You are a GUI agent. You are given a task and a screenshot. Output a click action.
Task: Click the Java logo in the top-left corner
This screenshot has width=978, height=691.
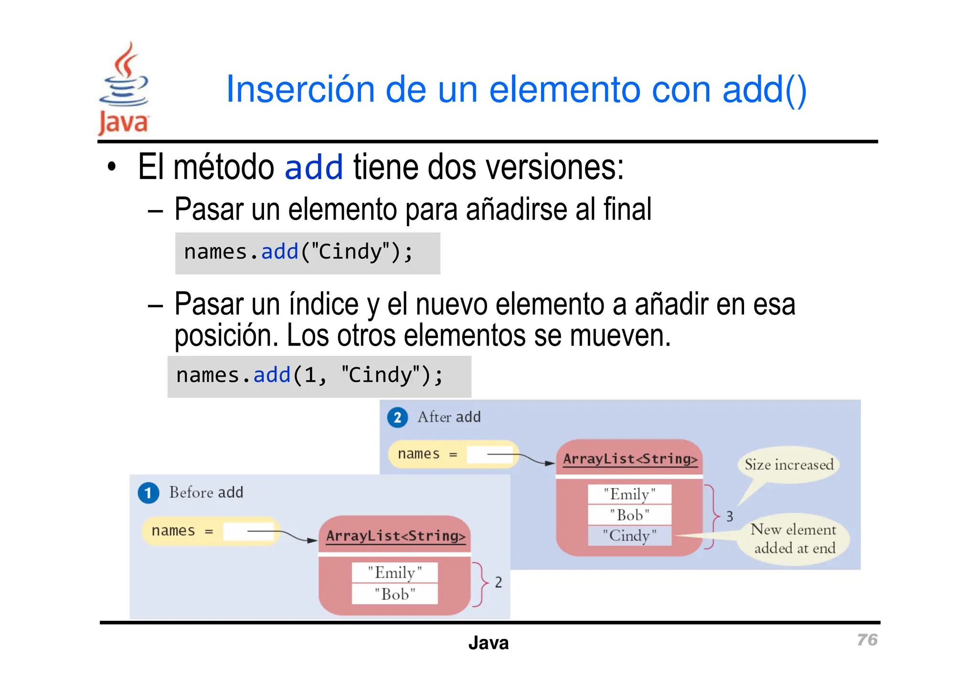click(124, 88)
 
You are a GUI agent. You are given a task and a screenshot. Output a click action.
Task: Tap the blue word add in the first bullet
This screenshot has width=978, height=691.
click(314, 167)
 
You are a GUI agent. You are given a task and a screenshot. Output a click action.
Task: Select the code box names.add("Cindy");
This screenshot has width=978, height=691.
click(308, 253)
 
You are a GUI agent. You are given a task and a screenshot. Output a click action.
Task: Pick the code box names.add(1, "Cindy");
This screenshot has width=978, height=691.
click(319, 376)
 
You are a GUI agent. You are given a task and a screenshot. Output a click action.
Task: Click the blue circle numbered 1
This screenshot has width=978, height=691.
click(148, 493)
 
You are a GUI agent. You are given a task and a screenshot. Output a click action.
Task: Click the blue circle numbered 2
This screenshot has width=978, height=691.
click(397, 417)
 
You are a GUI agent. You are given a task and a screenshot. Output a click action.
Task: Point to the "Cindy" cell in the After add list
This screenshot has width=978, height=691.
click(629, 535)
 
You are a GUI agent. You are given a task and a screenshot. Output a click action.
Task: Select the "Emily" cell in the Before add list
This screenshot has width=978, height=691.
click(394, 572)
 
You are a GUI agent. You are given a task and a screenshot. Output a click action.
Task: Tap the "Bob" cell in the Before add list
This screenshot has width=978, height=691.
click(394, 594)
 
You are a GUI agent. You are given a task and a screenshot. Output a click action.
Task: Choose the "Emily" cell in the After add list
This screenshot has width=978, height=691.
click(629, 494)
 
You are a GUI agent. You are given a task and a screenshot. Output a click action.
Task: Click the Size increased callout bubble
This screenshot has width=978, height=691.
click(789, 465)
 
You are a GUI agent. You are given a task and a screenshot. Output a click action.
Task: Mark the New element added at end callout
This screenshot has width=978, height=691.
click(794, 539)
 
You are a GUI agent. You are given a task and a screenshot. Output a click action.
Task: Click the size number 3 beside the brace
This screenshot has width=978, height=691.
click(730, 516)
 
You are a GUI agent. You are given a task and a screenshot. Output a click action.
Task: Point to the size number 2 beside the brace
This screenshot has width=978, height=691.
click(498, 582)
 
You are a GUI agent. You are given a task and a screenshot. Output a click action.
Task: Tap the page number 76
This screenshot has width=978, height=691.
click(867, 639)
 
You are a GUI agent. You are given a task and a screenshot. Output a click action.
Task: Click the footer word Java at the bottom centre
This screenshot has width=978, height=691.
click(488, 643)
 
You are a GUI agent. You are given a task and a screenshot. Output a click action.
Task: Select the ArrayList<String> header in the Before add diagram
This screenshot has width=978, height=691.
click(395, 536)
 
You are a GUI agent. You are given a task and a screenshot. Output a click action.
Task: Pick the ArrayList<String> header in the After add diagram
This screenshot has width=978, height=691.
click(630, 459)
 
